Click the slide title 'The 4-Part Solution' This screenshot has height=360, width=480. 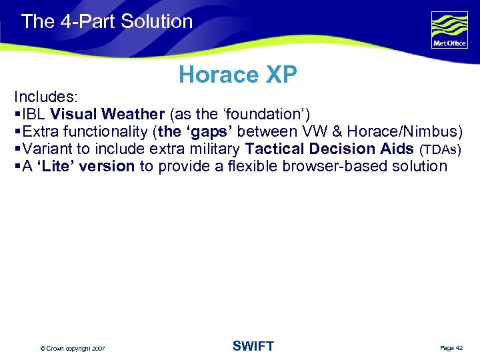pos(107,21)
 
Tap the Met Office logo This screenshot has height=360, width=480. pos(449,30)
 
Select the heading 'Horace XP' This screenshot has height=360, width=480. pos(237,75)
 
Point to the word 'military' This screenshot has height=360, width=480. pos(214,149)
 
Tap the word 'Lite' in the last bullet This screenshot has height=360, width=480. pos(55,166)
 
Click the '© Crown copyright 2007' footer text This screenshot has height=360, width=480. pos(73,349)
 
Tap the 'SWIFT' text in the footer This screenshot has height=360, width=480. pos(253,346)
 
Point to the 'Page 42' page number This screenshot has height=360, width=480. pos(451,348)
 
